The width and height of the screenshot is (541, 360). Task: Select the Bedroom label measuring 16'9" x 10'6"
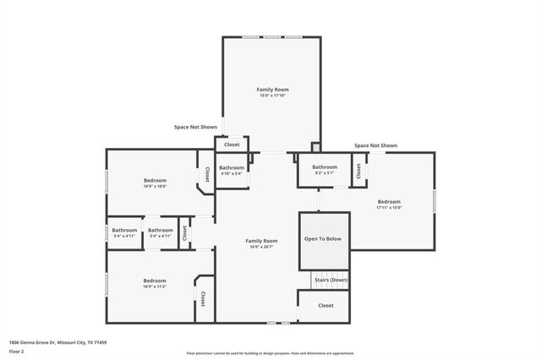155,180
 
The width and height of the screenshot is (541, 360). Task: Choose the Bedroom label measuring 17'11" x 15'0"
389,202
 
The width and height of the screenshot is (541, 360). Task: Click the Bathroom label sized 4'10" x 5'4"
232,168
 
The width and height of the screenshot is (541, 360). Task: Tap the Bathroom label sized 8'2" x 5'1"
325,167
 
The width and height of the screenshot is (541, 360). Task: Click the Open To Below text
323,239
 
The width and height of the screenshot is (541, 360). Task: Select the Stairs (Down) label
331,279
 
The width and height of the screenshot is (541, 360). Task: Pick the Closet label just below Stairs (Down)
325,305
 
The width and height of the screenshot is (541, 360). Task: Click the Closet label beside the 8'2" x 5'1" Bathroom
358,171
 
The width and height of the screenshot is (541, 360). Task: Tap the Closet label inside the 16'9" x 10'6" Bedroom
207,173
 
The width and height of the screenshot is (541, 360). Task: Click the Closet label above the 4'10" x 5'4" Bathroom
232,145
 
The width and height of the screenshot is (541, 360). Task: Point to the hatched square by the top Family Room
315,145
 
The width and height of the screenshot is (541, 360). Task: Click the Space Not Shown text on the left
195,127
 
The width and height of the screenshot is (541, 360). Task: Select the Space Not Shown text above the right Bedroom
375,145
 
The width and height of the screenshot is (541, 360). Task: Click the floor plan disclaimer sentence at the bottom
270,353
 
